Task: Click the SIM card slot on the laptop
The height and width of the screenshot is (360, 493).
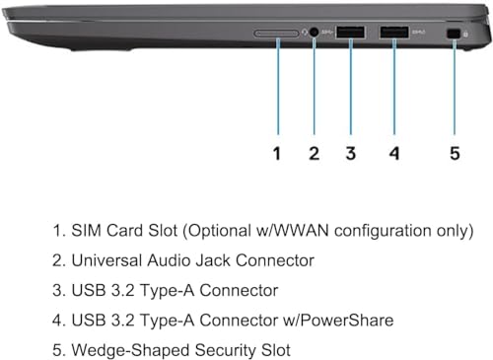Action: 276,34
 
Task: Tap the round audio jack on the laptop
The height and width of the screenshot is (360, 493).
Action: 315,33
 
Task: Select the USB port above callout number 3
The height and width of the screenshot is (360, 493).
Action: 350,33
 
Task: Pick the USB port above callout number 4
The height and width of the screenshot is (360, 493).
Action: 394,33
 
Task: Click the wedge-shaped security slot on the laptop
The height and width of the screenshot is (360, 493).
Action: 454,34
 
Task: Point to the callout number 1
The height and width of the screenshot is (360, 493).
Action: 277,153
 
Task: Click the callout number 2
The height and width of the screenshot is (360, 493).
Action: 314,153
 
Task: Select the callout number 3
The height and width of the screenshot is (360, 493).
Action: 351,153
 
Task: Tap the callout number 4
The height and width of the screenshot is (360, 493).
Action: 394,153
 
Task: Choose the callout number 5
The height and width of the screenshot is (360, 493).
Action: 455,153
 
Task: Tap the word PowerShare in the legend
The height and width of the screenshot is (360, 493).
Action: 347,321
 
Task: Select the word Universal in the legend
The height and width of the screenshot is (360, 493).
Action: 106,260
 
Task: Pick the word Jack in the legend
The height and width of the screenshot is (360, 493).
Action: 213,260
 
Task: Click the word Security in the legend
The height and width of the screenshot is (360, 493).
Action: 225,350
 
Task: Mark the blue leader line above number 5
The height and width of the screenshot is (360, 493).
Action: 455,87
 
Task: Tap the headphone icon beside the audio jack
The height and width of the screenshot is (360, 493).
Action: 305,33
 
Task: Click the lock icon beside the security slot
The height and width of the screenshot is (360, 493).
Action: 465,34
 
